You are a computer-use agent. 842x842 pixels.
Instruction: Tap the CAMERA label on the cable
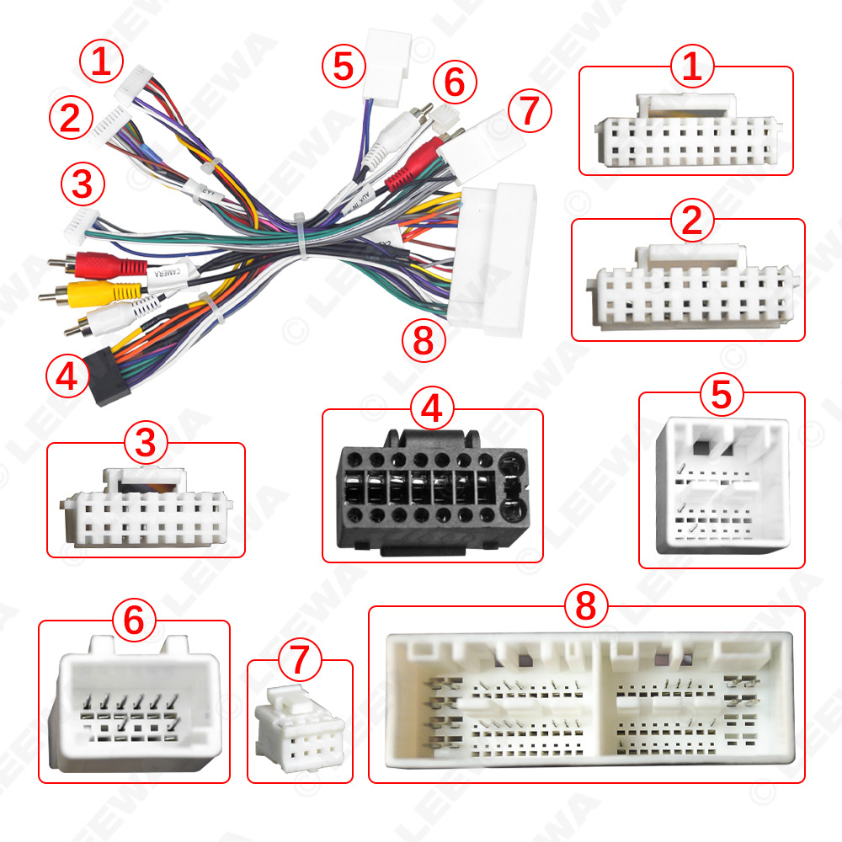pyautogui.click(x=166, y=274)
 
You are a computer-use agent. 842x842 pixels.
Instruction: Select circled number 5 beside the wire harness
pyautogui.click(x=343, y=67)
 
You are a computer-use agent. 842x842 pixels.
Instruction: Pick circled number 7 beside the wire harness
pyautogui.click(x=528, y=110)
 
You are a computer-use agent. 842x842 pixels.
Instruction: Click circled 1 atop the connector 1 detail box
pyautogui.click(x=692, y=67)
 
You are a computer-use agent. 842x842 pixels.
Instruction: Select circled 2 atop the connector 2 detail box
pyautogui.click(x=692, y=221)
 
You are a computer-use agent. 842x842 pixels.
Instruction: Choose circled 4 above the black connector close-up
pyautogui.click(x=432, y=409)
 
